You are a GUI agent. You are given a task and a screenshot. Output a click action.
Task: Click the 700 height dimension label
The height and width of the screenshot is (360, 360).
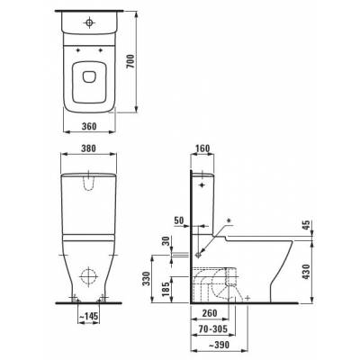coord(131,61)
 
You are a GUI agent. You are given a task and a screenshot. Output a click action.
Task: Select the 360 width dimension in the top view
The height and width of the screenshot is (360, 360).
coord(89,126)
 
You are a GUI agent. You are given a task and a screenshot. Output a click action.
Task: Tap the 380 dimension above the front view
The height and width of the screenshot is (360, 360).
coord(88,148)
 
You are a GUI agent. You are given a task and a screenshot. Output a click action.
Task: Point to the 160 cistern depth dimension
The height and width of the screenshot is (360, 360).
coord(202,148)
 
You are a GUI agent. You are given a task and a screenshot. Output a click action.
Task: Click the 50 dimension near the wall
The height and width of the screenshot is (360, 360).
coord(179,220)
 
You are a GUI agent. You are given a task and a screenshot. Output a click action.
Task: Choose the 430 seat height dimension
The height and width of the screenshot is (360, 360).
coord(306,272)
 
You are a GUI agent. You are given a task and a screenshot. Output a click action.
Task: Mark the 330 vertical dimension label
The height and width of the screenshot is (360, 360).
coord(146,279)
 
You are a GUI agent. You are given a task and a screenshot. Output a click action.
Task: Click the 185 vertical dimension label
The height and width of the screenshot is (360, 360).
coord(166,289)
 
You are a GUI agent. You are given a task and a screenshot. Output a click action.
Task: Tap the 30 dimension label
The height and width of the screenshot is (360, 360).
coord(166,242)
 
